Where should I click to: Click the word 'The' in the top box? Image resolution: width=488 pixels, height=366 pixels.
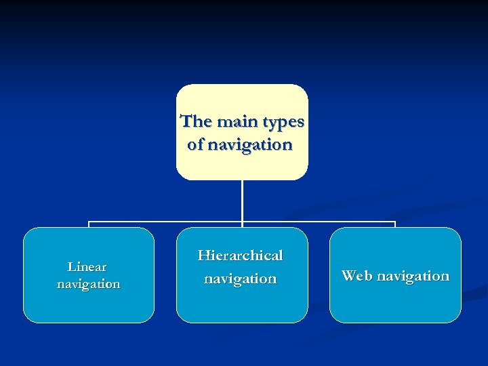click(197, 122)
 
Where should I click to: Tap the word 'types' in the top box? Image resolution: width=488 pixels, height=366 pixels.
click(283, 123)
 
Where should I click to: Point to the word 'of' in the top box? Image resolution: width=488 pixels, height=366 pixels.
click(195, 145)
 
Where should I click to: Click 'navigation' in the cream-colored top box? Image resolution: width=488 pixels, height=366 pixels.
click(250, 145)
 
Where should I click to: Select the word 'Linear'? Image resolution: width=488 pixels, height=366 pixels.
click(87, 267)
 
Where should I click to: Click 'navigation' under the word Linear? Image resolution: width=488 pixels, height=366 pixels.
click(88, 284)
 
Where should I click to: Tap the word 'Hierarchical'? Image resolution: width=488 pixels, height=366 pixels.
click(240, 256)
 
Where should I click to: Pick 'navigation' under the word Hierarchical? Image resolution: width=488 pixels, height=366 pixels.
click(241, 279)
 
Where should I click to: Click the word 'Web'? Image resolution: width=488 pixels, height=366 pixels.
click(357, 276)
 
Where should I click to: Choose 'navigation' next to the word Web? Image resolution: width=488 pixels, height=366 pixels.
click(413, 276)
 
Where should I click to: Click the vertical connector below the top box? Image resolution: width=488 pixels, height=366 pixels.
click(242, 200)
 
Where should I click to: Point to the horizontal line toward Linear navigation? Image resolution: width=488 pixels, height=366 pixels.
click(163, 222)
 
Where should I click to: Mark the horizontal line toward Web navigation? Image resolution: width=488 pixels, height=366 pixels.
click(319, 222)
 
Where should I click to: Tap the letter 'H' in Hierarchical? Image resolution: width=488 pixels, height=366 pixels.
click(204, 256)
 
